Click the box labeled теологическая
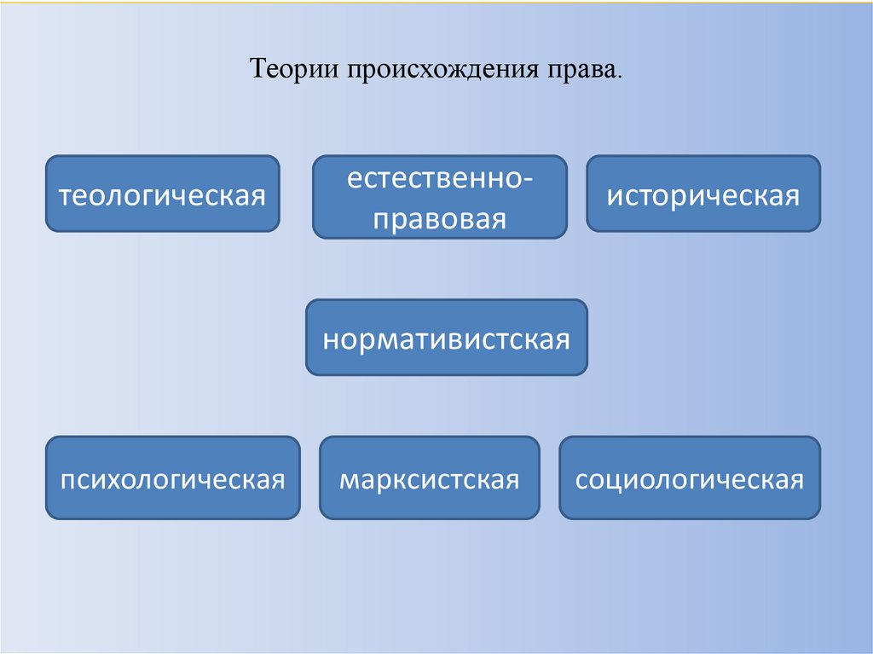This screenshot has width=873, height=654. click(162, 194)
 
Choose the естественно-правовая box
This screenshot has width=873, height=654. click(439, 197)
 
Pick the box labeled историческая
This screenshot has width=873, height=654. click(703, 194)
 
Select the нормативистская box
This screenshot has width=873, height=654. click(446, 338)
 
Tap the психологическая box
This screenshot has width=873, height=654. click(172, 477)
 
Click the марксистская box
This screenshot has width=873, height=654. click(429, 477)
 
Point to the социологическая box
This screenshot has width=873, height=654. click(690, 477)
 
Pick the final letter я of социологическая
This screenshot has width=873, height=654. click(796, 479)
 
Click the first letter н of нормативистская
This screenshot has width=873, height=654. click(330, 339)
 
